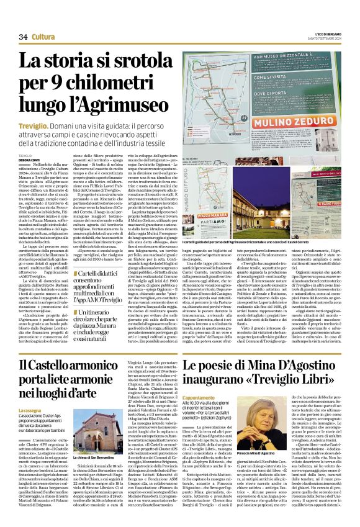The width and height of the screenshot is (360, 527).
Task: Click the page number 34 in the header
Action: (24, 37)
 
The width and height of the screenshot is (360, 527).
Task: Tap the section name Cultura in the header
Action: (43, 37)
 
